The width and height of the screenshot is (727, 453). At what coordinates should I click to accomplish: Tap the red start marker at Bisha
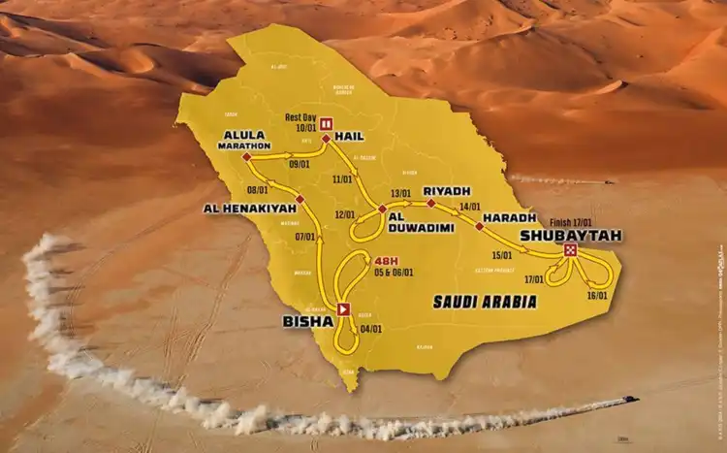pos(344,309)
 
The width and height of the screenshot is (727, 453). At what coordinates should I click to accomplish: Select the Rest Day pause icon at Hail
pos(327,123)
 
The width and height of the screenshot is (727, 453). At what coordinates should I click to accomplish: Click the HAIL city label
pos(349,138)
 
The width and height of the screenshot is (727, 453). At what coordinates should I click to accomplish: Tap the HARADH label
pos(503,216)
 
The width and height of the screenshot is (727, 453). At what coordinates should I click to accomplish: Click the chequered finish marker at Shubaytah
pos(570,251)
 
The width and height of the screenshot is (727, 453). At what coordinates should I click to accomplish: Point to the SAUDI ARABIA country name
pos(486,302)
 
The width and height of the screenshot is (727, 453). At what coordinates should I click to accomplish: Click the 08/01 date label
pos(258,190)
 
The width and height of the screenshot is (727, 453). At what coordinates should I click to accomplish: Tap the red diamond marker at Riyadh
pos(430,204)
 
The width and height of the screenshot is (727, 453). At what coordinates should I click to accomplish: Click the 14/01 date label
pos(471,207)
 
